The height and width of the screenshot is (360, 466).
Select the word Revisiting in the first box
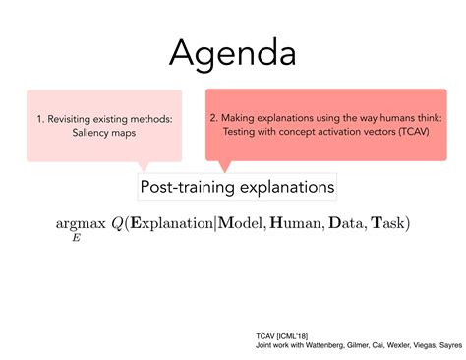[x=83, y=119]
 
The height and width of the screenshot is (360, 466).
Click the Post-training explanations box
[x=232, y=185]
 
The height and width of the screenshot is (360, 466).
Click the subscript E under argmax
[x=75, y=239]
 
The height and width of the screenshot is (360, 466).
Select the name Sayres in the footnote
[x=447, y=346]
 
